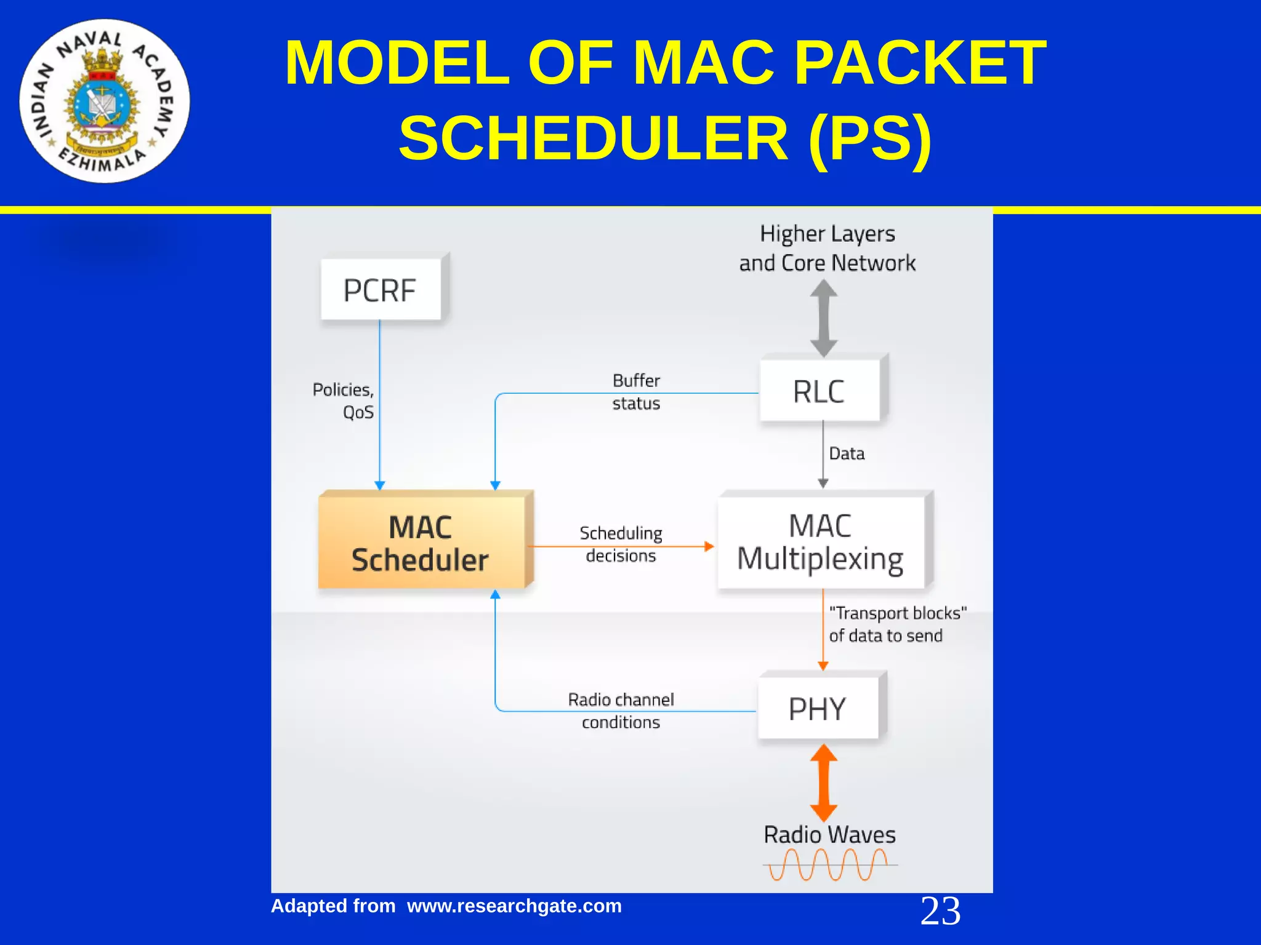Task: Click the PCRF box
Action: (381, 290)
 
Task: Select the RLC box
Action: (820, 391)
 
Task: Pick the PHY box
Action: (818, 708)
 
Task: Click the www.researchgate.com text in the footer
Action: (514, 906)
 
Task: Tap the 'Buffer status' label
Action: (636, 392)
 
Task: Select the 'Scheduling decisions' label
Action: (621, 544)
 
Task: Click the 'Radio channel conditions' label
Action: (621, 711)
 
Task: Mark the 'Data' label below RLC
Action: (847, 454)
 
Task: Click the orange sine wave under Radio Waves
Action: (829, 864)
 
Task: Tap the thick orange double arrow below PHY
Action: (823, 782)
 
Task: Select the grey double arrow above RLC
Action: (823, 318)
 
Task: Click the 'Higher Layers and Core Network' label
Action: (827, 248)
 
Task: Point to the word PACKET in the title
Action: (920, 63)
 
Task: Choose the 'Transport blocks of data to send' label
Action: (897, 624)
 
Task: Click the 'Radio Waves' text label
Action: (829, 835)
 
